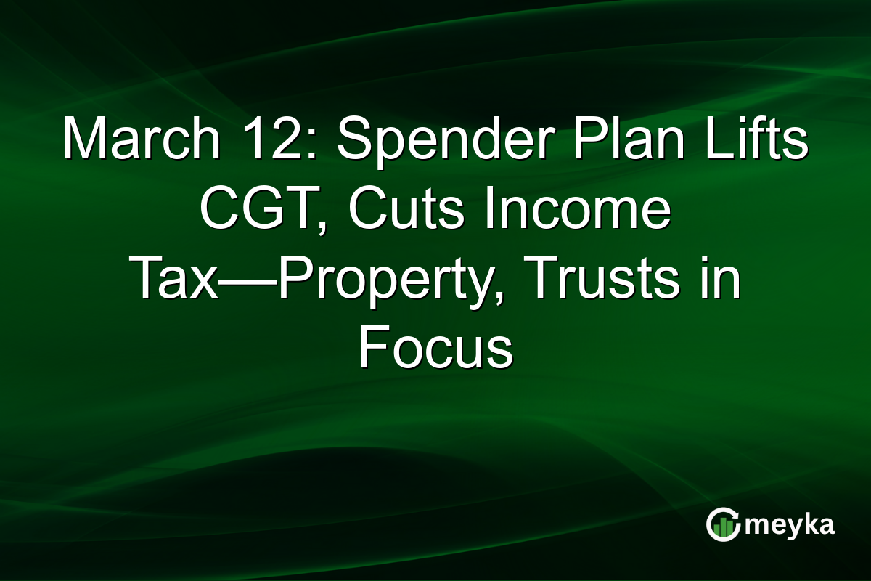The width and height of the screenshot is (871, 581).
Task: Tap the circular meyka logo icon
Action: tap(723, 524)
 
